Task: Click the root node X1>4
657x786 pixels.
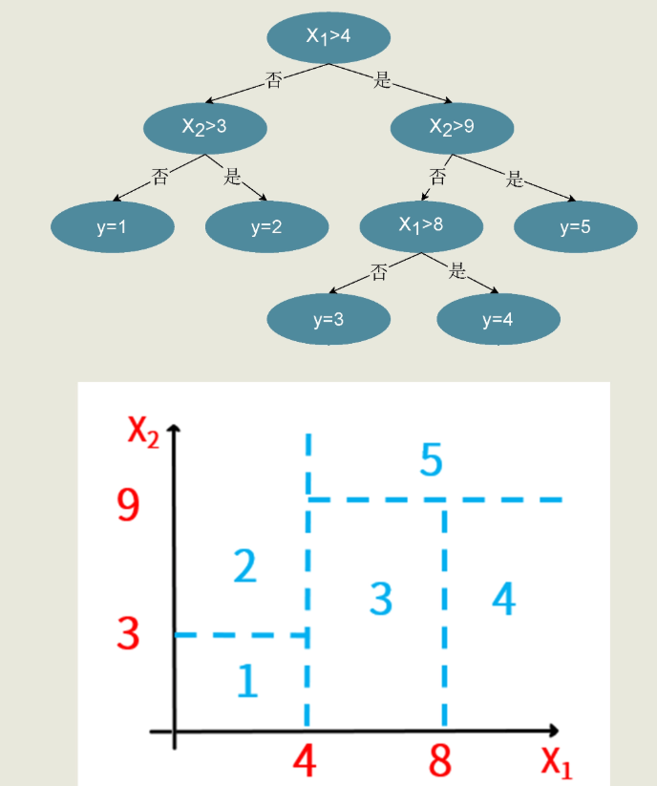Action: (x=328, y=37)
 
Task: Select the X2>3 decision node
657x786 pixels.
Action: (x=205, y=126)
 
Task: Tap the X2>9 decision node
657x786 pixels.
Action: (x=452, y=126)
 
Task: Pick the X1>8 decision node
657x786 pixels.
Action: (x=421, y=226)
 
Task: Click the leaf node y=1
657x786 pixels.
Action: (x=113, y=226)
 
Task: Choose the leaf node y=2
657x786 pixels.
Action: (x=266, y=226)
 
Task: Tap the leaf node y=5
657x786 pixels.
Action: (x=575, y=226)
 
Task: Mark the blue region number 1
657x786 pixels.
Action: (x=246, y=681)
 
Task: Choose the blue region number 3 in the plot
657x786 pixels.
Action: (x=380, y=599)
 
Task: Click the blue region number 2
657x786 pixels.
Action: (x=244, y=567)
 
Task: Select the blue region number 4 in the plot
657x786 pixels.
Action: (x=503, y=599)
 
